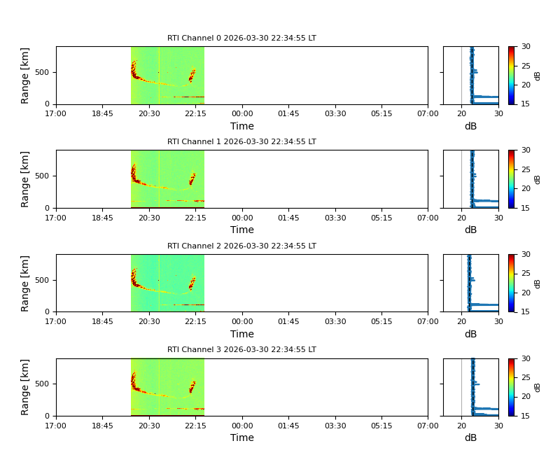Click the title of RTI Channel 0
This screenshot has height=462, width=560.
click(241, 38)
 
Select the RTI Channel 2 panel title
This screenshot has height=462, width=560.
click(241, 246)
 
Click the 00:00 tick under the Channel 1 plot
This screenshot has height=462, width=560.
click(242, 217)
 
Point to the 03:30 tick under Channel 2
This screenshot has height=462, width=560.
click(335, 321)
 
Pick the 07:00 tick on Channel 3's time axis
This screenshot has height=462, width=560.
click(428, 425)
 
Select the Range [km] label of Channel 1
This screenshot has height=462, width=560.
click(25, 179)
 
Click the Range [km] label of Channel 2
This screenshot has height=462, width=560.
click(25, 283)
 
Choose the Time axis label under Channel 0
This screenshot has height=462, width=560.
click(242, 127)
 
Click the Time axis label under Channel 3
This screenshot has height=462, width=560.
click(242, 438)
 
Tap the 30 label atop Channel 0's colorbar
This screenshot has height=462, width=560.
click(526, 47)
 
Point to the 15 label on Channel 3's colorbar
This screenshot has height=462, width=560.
click(526, 416)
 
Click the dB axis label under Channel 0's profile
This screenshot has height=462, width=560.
click(470, 127)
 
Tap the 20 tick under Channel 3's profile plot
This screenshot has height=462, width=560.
click(462, 425)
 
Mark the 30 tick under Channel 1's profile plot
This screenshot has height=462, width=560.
click(498, 217)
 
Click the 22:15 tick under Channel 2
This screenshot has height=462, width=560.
click(195, 321)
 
